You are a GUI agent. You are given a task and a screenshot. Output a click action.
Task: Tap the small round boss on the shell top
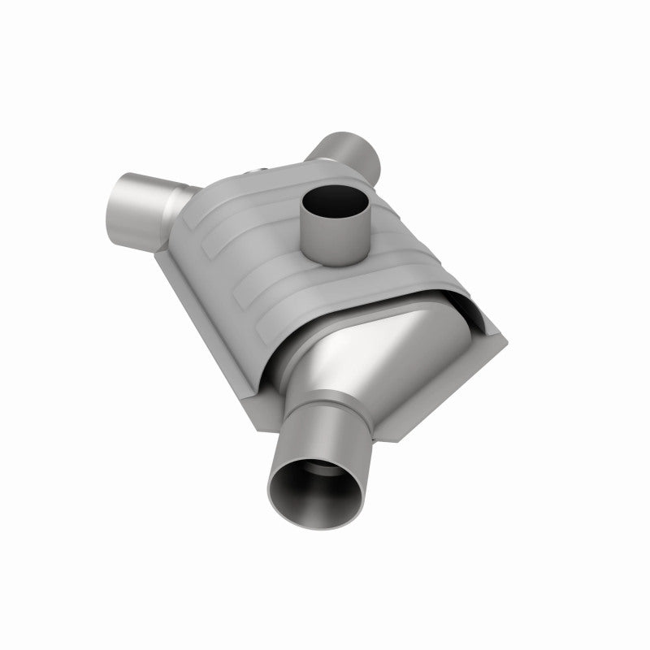tap(258, 169)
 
